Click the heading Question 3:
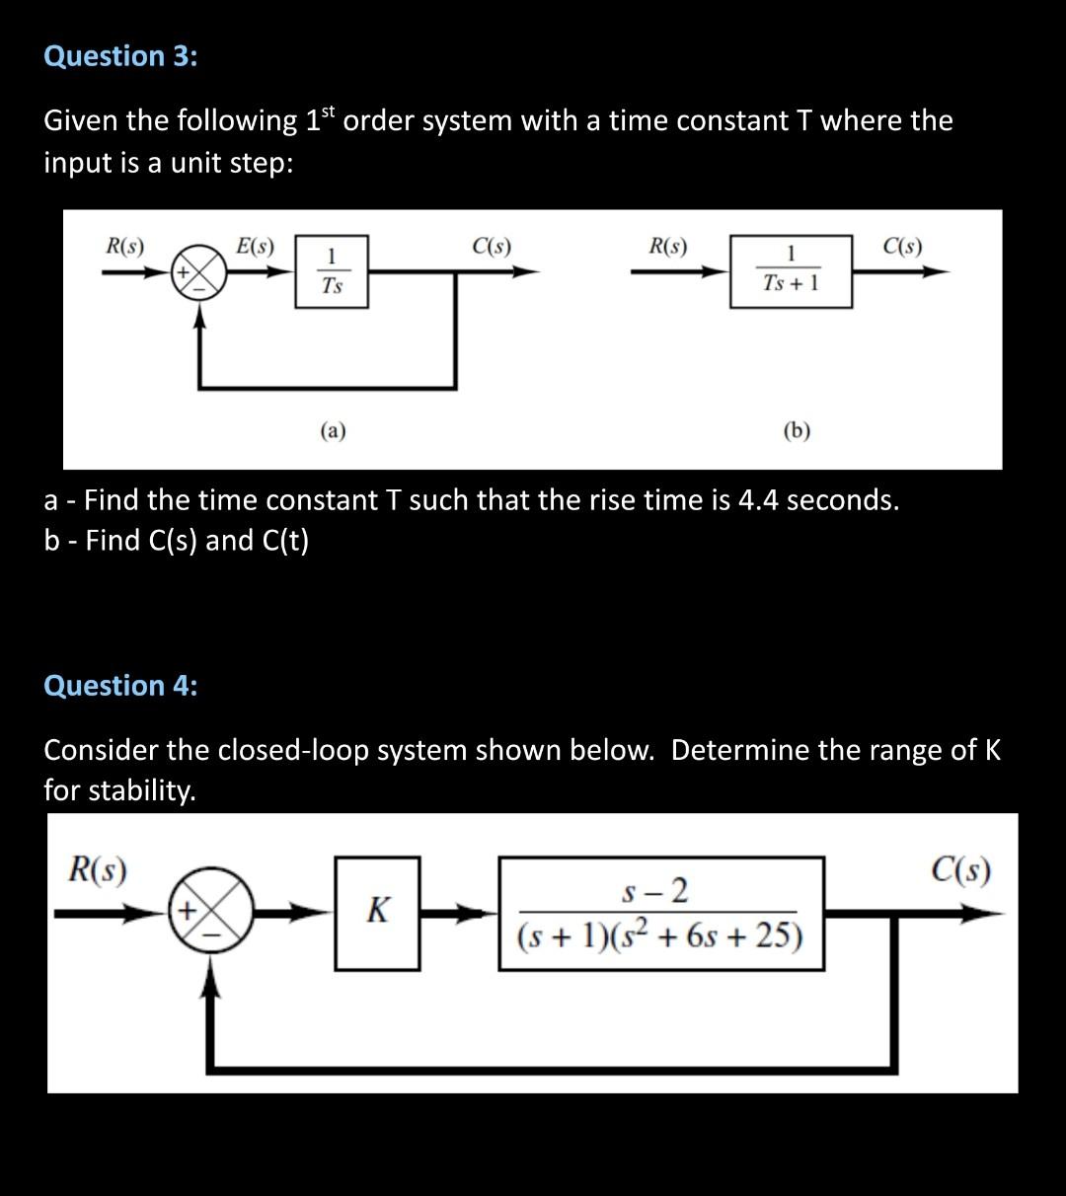pos(120,56)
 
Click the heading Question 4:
pos(120,685)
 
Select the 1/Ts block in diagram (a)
pos(332,271)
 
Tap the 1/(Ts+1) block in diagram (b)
pos(791,271)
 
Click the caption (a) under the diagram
pos(333,430)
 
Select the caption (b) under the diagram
pos(797,430)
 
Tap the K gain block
pos(377,910)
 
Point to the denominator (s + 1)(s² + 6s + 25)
pos(659,934)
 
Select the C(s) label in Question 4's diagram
pos(961,871)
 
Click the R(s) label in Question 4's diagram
pos(97,871)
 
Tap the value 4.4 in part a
pos(759,500)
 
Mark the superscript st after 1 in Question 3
pos(330,111)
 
